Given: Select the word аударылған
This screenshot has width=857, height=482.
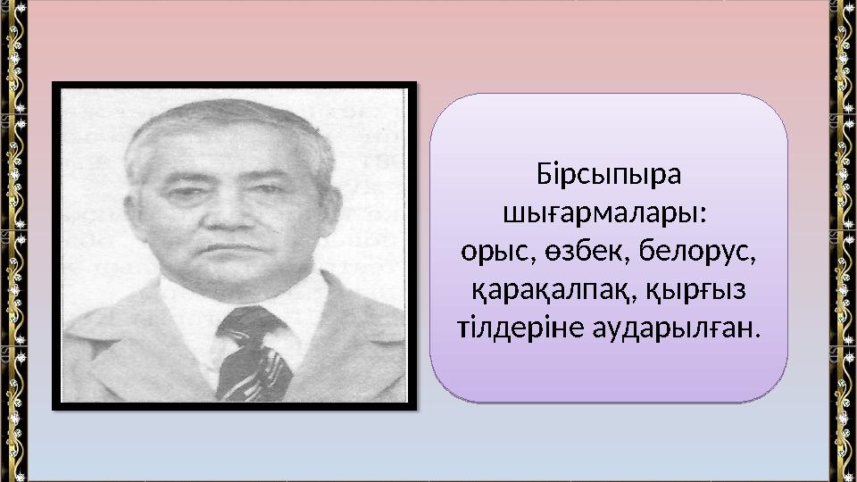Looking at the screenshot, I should pos(677,329).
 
